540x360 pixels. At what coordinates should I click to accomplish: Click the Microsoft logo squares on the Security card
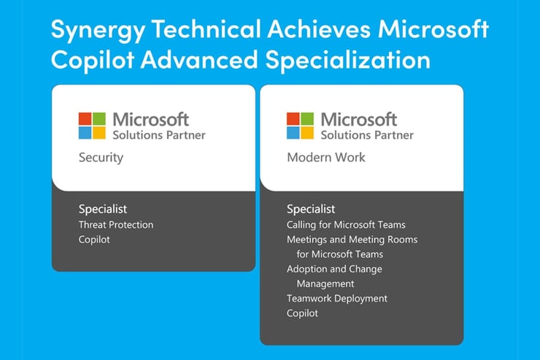(93, 126)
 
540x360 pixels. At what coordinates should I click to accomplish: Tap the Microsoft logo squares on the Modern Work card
(301, 126)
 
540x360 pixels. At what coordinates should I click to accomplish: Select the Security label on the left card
(101, 157)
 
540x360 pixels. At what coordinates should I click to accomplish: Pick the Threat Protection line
(116, 225)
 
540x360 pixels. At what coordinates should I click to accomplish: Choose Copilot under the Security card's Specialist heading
(94, 240)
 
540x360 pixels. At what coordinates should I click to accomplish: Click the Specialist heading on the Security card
(103, 209)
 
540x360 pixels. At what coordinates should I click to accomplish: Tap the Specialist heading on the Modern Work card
(311, 209)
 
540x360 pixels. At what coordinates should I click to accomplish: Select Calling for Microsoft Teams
(346, 225)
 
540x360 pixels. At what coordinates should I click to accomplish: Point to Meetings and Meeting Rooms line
(352, 240)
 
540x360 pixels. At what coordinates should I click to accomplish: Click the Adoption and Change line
(334, 269)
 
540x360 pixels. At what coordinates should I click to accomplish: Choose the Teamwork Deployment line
(337, 298)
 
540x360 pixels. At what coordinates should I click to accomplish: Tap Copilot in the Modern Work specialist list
(302, 313)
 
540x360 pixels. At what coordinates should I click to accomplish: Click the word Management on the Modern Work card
(325, 283)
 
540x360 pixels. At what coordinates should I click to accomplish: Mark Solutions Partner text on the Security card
(158, 135)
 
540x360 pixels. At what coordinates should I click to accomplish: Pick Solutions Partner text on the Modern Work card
(366, 135)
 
